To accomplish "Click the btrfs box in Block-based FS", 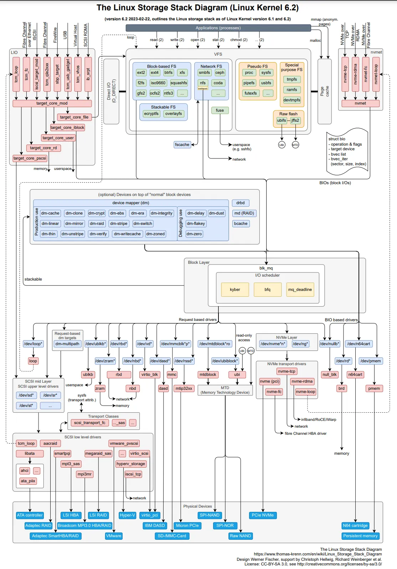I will pos(169,72).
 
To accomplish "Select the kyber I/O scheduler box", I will pos(235,289).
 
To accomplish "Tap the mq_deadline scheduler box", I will pos(300,289).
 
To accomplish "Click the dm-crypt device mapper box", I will pos(97,213).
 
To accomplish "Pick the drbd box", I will pos(241,203).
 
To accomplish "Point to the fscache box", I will pos(182,145).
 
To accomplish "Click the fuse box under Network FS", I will pos(220,110).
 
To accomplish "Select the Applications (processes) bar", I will pos(218,28).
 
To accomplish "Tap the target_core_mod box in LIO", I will pos(52,103).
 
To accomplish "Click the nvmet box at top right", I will pos(360,103).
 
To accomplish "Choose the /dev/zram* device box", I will pos(105,361).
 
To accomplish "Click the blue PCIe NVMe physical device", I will pos(263,515).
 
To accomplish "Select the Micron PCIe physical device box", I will pos(187,525).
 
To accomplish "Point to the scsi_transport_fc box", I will pos(89,423).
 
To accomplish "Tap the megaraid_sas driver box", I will pos(98,453).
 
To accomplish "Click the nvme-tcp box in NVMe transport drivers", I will pos(287,371).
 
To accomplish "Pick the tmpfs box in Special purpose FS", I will pos(292,79).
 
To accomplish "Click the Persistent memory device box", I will pos(360,536).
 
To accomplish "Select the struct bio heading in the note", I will pos(337,139).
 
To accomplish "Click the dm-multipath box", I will pos(67,344).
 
